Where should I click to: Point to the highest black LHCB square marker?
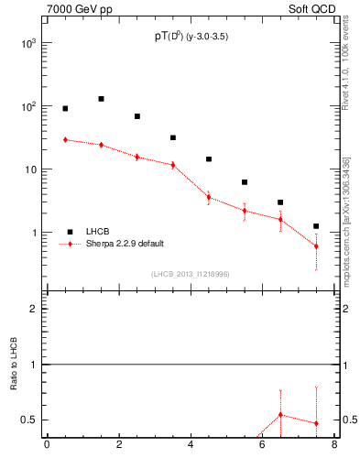tap(101, 99)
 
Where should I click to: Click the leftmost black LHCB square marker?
tap(65, 109)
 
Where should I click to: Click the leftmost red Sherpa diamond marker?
tap(65, 140)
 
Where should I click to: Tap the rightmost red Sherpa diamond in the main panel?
tap(316, 246)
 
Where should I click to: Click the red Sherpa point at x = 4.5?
tap(209, 197)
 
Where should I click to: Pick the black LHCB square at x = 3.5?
tap(173, 138)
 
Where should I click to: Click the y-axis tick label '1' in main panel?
tap(35, 233)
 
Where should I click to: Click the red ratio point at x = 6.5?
tap(280, 415)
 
